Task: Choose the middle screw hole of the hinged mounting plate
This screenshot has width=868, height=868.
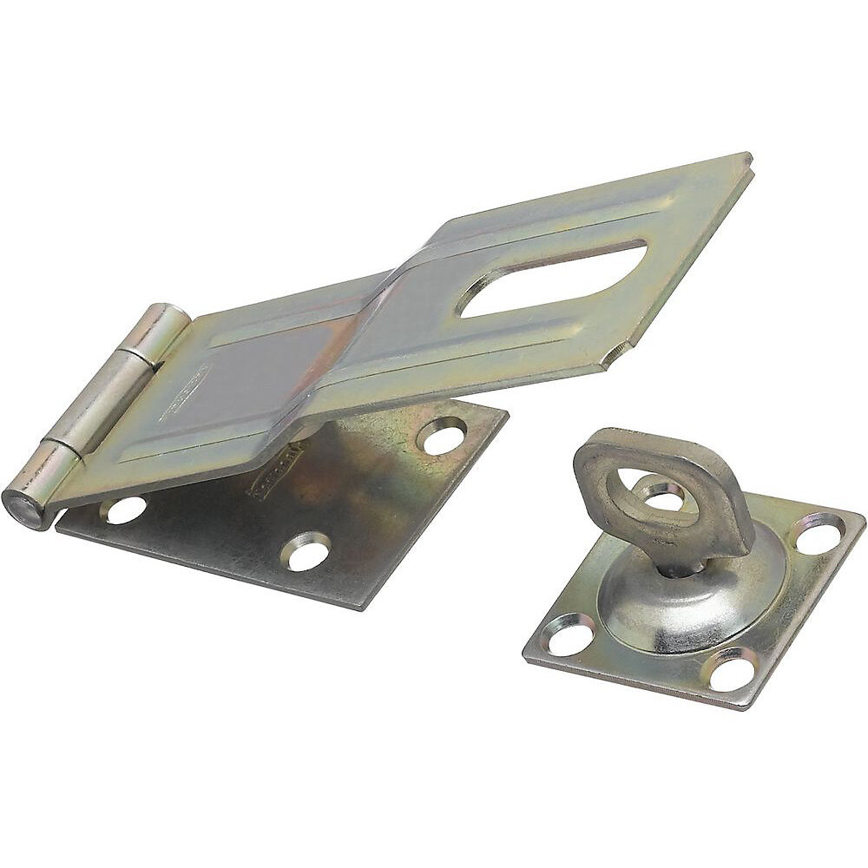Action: (309, 552)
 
